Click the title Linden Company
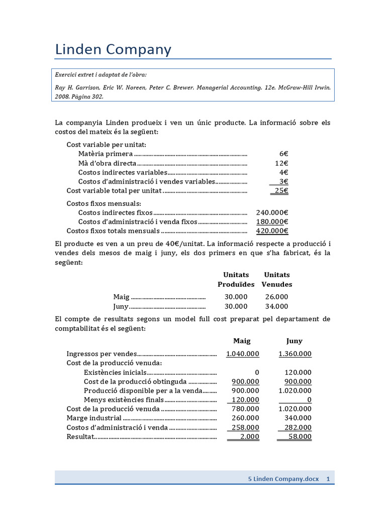pyautogui.click(x=113, y=49)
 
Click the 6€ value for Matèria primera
pyautogui.click(x=283, y=154)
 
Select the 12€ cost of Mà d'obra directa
pyautogui.click(x=281, y=163)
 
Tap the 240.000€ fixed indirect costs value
pyautogui.click(x=272, y=212)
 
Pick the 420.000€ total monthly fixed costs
pyautogui.click(x=272, y=231)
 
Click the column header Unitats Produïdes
pyautogui.click(x=236, y=280)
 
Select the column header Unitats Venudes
pyautogui.click(x=277, y=280)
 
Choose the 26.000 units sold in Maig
pyautogui.click(x=276, y=297)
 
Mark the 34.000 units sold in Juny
pyautogui.click(x=276, y=306)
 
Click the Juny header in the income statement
pyautogui.click(x=295, y=340)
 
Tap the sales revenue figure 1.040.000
pyautogui.click(x=243, y=354)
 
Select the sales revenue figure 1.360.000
pyautogui.click(x=295, y=354)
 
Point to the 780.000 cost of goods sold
pyautogui.click(x=245, y=408)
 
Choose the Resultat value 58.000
pyautogui.click(x=299, y=437)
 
